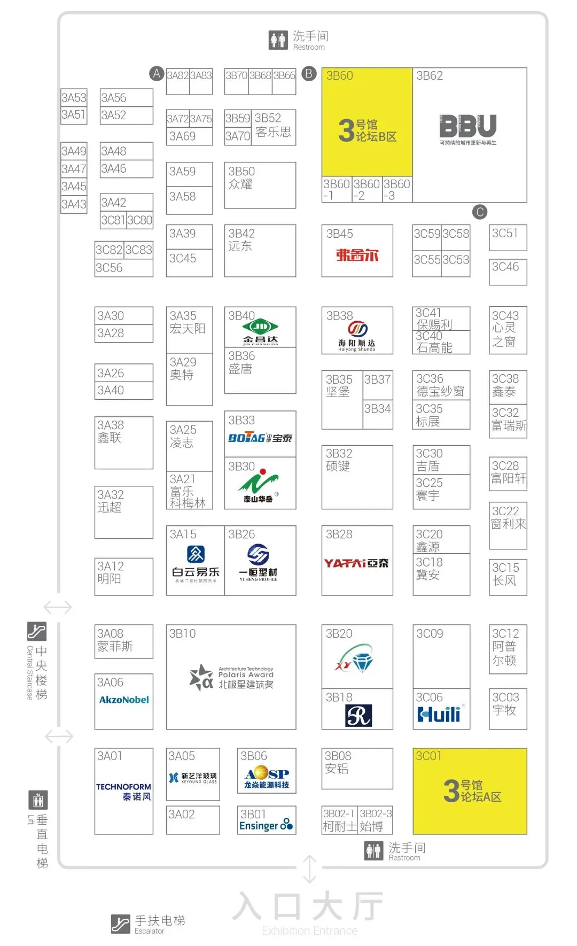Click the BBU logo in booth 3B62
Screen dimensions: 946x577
tap(468, 127)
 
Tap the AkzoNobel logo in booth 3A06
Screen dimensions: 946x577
tap(124, 700)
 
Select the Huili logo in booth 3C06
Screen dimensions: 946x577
tap(439, 714)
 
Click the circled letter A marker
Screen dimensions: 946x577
tap(156, 73)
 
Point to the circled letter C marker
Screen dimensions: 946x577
tap(480, 212)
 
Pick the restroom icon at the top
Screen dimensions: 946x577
tap(278, 40)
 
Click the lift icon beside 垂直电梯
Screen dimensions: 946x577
tap(38, 800)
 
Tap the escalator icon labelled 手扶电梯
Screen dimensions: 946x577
tap(120, 923)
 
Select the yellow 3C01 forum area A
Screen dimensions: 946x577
tap(470, 791)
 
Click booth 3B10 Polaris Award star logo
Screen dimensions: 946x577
tap(201, 678)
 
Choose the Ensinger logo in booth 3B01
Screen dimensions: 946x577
tap(266, 825)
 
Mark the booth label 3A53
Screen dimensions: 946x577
tap(74, 98)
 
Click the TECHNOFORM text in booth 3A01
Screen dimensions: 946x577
tap(123, 787)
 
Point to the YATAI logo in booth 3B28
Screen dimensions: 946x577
tap(356, 563)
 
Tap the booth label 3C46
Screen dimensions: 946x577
tap(505, 267)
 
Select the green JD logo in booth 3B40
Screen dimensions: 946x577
tap(260, 326)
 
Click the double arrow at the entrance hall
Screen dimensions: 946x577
tap(310, 869)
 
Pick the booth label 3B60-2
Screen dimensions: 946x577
tap(367, 190)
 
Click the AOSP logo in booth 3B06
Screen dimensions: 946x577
tap(267, 773)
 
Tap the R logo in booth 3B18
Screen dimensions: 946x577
tap(358, 716)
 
